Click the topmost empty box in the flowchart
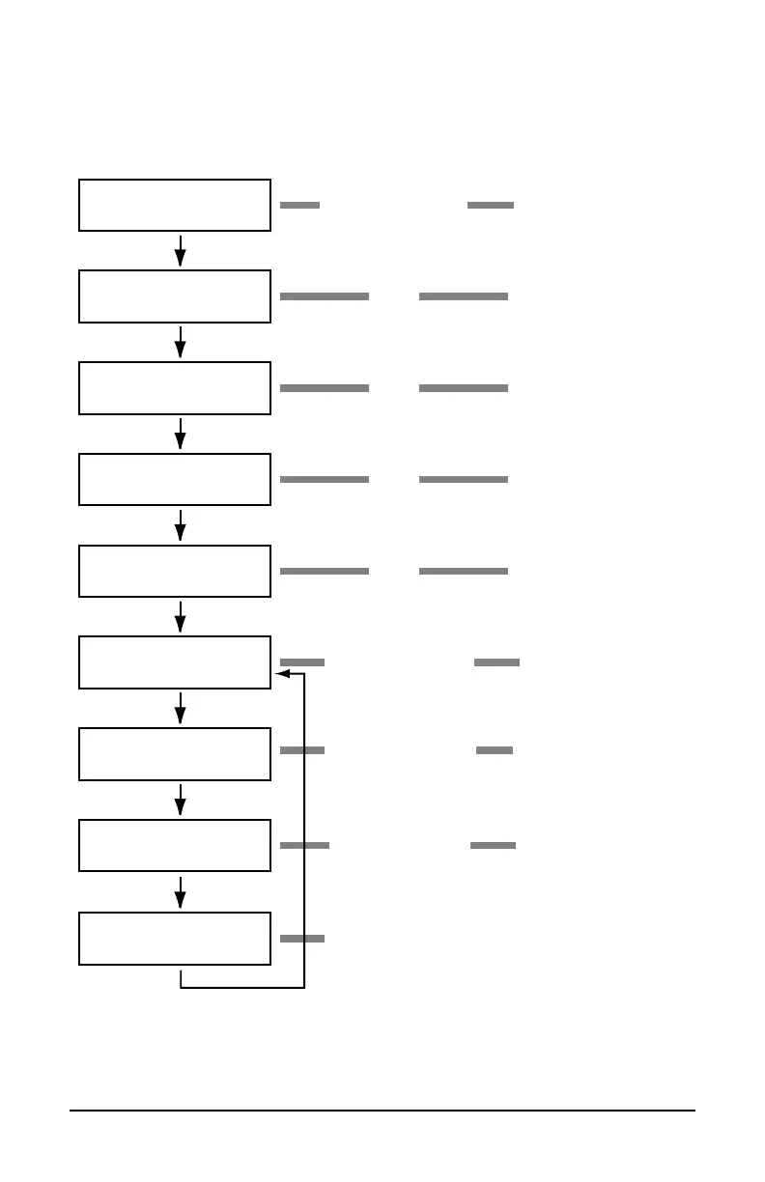[174, 205]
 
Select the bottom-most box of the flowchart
[174, 938]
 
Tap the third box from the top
[174, 388]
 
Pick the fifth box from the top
[174, 571]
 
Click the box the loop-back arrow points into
[174, 662]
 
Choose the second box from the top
[174, 296]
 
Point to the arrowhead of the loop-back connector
[282, 674]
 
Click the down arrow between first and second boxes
[181, 251]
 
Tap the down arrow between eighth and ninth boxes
[181, 892]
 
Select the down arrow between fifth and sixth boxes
[181, 617]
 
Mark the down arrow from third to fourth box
[181, 435]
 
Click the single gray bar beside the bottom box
[302, 939]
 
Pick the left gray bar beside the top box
[299, 206]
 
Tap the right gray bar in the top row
[491, 206]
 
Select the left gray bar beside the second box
[325, 296]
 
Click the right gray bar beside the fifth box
[464, 572]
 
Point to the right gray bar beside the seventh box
[495, 750]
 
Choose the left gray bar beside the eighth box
[304, 846]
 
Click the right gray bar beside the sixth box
[497, 662]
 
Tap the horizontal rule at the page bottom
[382, 1111]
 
